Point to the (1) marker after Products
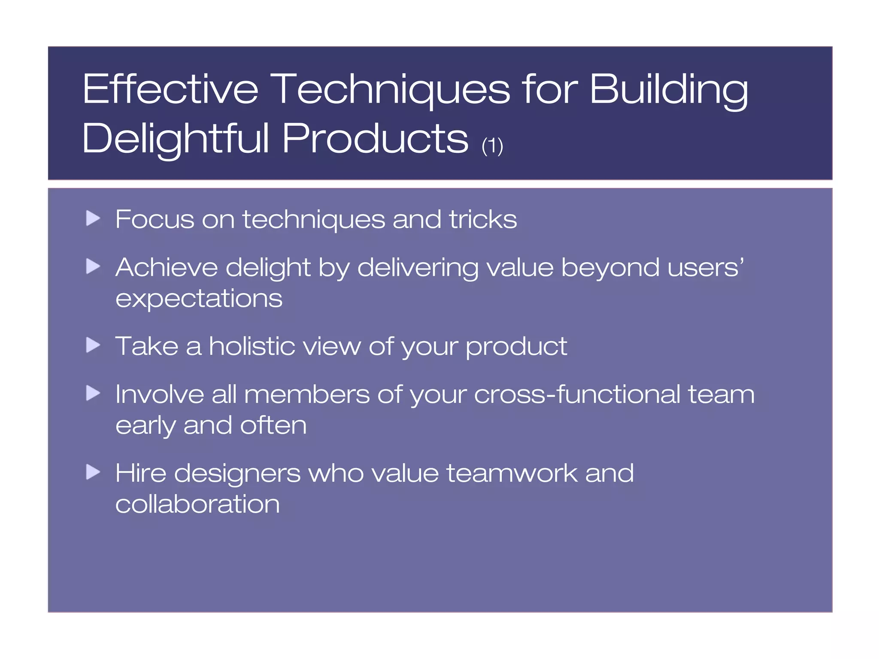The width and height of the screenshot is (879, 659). click(492, 146)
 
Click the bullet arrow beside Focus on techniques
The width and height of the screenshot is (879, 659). click(93, 218)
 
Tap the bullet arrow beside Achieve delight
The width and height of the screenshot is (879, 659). click(93, 266)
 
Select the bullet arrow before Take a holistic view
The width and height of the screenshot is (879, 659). click(93, 345)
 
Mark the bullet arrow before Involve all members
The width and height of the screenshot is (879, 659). click(93, 393)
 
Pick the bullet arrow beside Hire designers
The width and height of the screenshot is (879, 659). click(93, 472)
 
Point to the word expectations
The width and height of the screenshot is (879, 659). click(199, 299)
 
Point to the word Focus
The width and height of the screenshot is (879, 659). click(155, 219)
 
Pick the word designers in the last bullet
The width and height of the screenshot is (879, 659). click(237, 474)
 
